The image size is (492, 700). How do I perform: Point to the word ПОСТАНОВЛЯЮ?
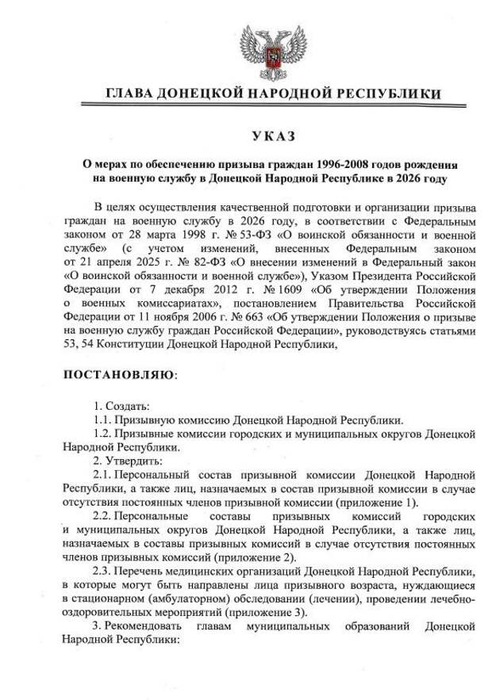point(117,373)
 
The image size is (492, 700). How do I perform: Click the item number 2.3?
point(102,572)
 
